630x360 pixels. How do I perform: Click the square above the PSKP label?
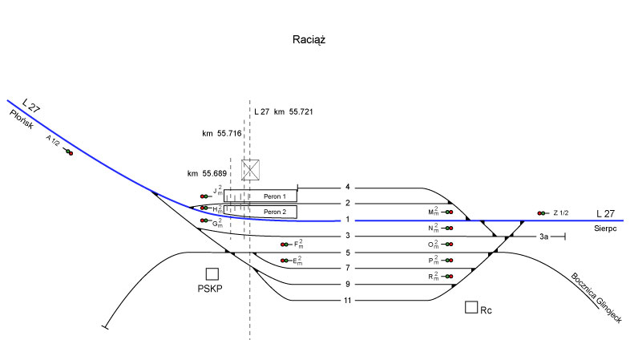coord(212,274)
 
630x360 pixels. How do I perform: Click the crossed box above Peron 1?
coord(252,169)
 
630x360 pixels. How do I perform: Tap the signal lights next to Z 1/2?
coord(543,213)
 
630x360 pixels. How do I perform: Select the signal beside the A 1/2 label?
coord(68,151)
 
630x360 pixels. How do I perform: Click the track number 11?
coord(347,301)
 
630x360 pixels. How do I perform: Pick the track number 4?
coord(347,188)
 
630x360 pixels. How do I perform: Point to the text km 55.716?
coord(222,133)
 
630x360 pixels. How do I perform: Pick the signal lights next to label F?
coord(285,245)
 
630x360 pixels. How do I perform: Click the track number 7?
coord(347,268)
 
